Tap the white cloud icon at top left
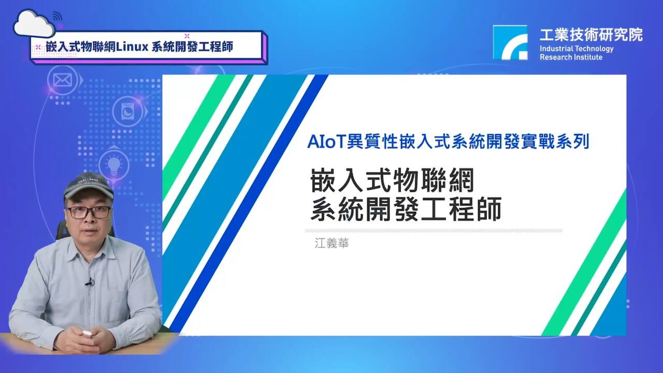[x=34, y=24]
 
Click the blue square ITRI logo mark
[x=510, y=42]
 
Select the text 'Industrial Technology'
[x=576, y=49]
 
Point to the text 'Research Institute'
[x=571, y=57]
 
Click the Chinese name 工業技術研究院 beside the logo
[x=591, y=35]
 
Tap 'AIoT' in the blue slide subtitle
[x=326, y=141]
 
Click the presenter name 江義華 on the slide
[x=332, y=243]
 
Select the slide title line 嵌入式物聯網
[x=393, y=180]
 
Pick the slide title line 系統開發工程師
[x=406, y=209]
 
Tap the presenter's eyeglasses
[x=89, y=212]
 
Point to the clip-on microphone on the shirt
[x=90, y=282]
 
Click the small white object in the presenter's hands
[x=87, y=334]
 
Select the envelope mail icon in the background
[x=63, y=80]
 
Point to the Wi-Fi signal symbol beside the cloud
[x=57, y=16]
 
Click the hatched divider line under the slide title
[x=434, y=231]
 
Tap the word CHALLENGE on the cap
[x=88, y=180]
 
